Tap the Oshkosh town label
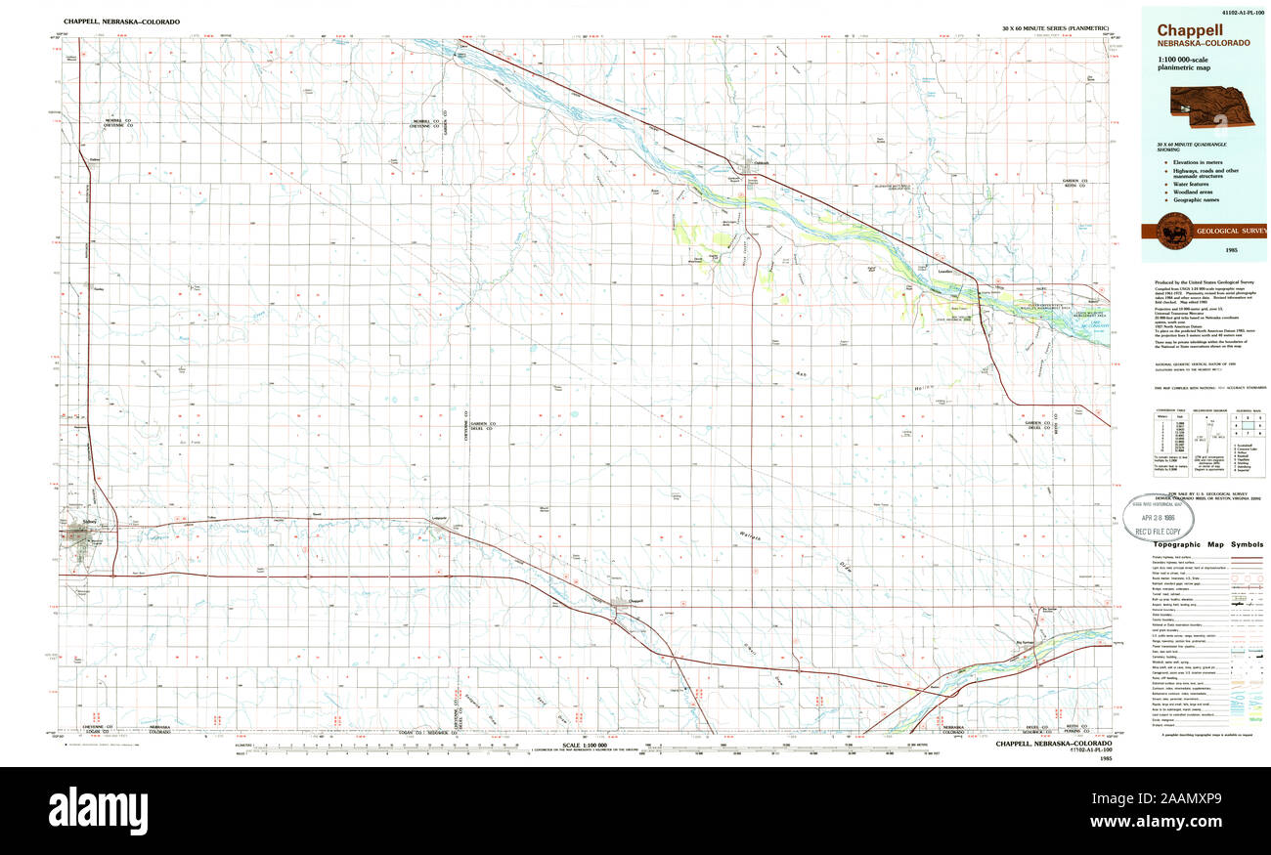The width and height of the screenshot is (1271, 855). tap(762, 163)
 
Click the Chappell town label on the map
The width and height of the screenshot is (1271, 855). tap(635, 600)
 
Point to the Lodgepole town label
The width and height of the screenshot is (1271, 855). tap(438, 517)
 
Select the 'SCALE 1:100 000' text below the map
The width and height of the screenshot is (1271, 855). tap(585, 746)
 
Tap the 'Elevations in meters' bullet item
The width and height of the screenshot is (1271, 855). tap(1191, 162)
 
